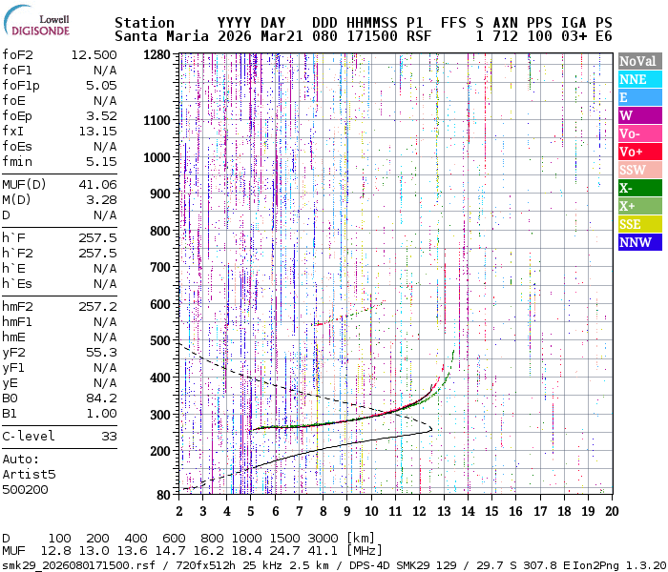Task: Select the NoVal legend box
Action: coord(637,61)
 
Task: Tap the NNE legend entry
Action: coord(637,79)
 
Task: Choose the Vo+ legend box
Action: coord(637,152)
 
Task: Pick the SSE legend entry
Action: coord(637,224)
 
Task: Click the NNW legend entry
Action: coord(637,242)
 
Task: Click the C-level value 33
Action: coord(109,436)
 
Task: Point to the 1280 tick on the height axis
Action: coord(157,55)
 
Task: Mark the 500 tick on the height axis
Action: coord(160,340)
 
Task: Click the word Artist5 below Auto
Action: coord(30,474)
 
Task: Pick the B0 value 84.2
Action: coord(101,398)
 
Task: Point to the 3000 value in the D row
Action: coord(324,538)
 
